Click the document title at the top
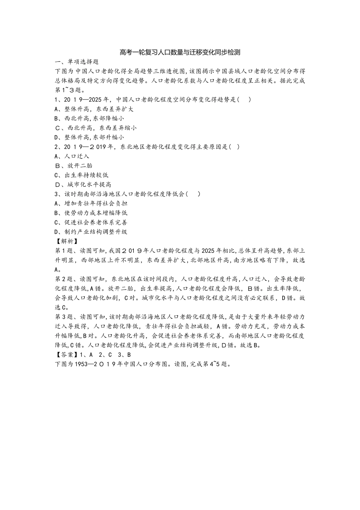click(x=180, y=52)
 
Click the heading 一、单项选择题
click(x=77, y=61)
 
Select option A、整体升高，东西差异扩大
click(x=94, y=109)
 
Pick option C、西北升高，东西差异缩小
click(x=96, y=128)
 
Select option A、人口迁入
click(x=72, y=156)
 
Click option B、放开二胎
click(x=74, y=165)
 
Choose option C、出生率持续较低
click(x=81, y=175)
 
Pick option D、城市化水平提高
click(x=83, y=184)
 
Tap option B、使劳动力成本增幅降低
click(x=91, y=213)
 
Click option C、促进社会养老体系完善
click(x=91, y=222)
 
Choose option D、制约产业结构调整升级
click(x=91, y=232)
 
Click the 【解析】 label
click(x=66, y=241)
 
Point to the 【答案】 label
click(x=66, y=355)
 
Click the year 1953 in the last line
click(x=81, y=364)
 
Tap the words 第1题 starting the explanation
click(x=64, y=250)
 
